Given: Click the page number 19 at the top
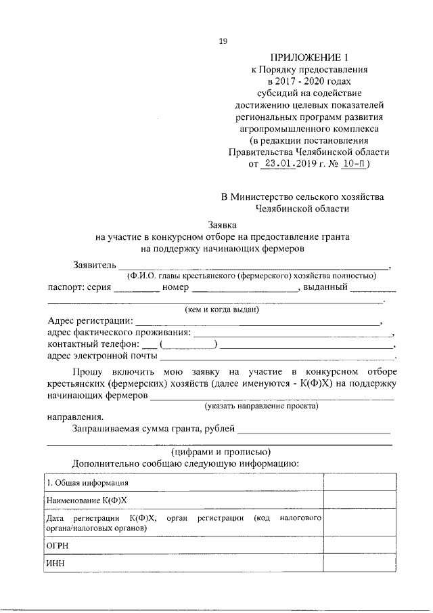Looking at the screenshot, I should (223, 41).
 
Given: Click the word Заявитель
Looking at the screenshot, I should (94, 264).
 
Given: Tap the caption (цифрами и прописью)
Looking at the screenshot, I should (221, 451).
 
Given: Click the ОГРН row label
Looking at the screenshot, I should (58, 545).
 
